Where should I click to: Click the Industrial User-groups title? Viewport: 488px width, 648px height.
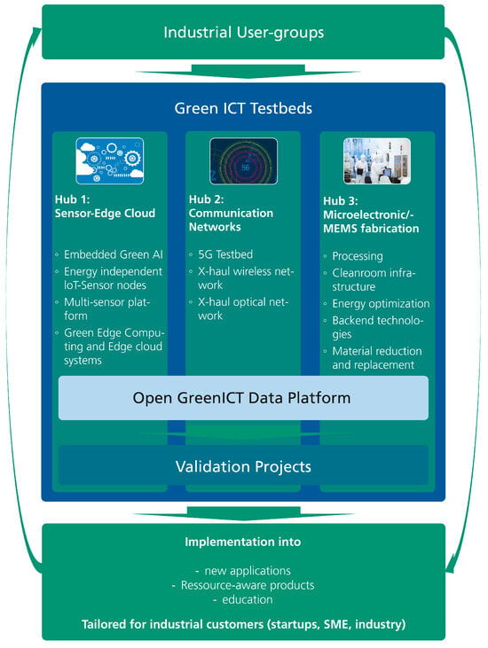(x=244, y=32)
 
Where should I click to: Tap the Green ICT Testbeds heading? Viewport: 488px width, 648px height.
(x=243, y=108)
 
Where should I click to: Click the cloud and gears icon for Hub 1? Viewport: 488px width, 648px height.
(x=110, y=160)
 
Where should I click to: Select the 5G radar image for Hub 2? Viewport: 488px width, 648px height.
(x=244, y=161)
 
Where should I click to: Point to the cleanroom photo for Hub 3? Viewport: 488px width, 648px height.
(x=377, y=161)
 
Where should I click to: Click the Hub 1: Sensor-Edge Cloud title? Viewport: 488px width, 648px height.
(x=105, y=207)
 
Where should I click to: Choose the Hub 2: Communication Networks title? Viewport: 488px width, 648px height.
(x=231, y=213)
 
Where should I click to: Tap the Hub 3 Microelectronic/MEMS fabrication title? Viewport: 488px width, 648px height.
(x=371, y=215)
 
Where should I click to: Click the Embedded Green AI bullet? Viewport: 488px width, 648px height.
(x=113, y=254)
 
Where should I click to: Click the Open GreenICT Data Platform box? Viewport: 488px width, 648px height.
(x=243, y=398)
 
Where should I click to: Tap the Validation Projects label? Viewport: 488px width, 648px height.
(x=243, y=466)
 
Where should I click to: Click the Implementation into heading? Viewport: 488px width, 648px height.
(x=243, y=542)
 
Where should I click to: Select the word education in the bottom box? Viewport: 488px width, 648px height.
(x=248, y=599)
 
